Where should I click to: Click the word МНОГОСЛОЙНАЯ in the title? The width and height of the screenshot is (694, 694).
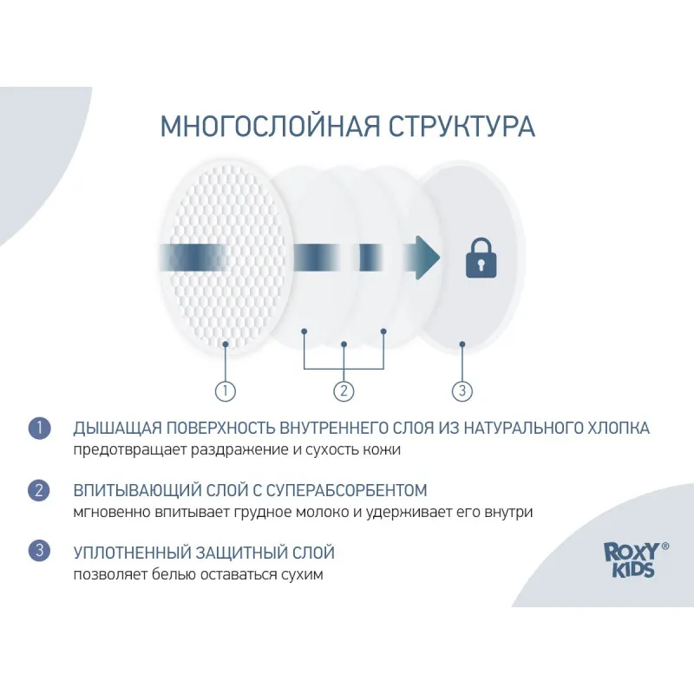(270, 126)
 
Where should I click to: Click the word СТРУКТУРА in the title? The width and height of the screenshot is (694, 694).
(462, 126)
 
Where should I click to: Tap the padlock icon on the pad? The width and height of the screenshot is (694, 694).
(481, 259)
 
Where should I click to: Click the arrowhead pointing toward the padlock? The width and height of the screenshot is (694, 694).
(427, 258)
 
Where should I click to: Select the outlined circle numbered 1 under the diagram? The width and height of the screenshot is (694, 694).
(226, 391)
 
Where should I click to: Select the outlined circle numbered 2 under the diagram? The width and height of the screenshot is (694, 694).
(344, 391)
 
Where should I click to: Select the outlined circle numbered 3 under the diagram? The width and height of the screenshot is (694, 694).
(462, 391)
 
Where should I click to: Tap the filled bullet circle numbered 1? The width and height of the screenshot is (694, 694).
(39, 428)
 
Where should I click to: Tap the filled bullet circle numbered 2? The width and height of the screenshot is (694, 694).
(39, 490)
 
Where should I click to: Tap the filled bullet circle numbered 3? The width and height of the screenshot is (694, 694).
(39, 550)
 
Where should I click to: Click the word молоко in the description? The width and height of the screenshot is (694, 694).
(322, 512)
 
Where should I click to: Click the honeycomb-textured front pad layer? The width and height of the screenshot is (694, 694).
(226, 258)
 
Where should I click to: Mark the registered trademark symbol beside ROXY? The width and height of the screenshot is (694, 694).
(665, 547)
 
